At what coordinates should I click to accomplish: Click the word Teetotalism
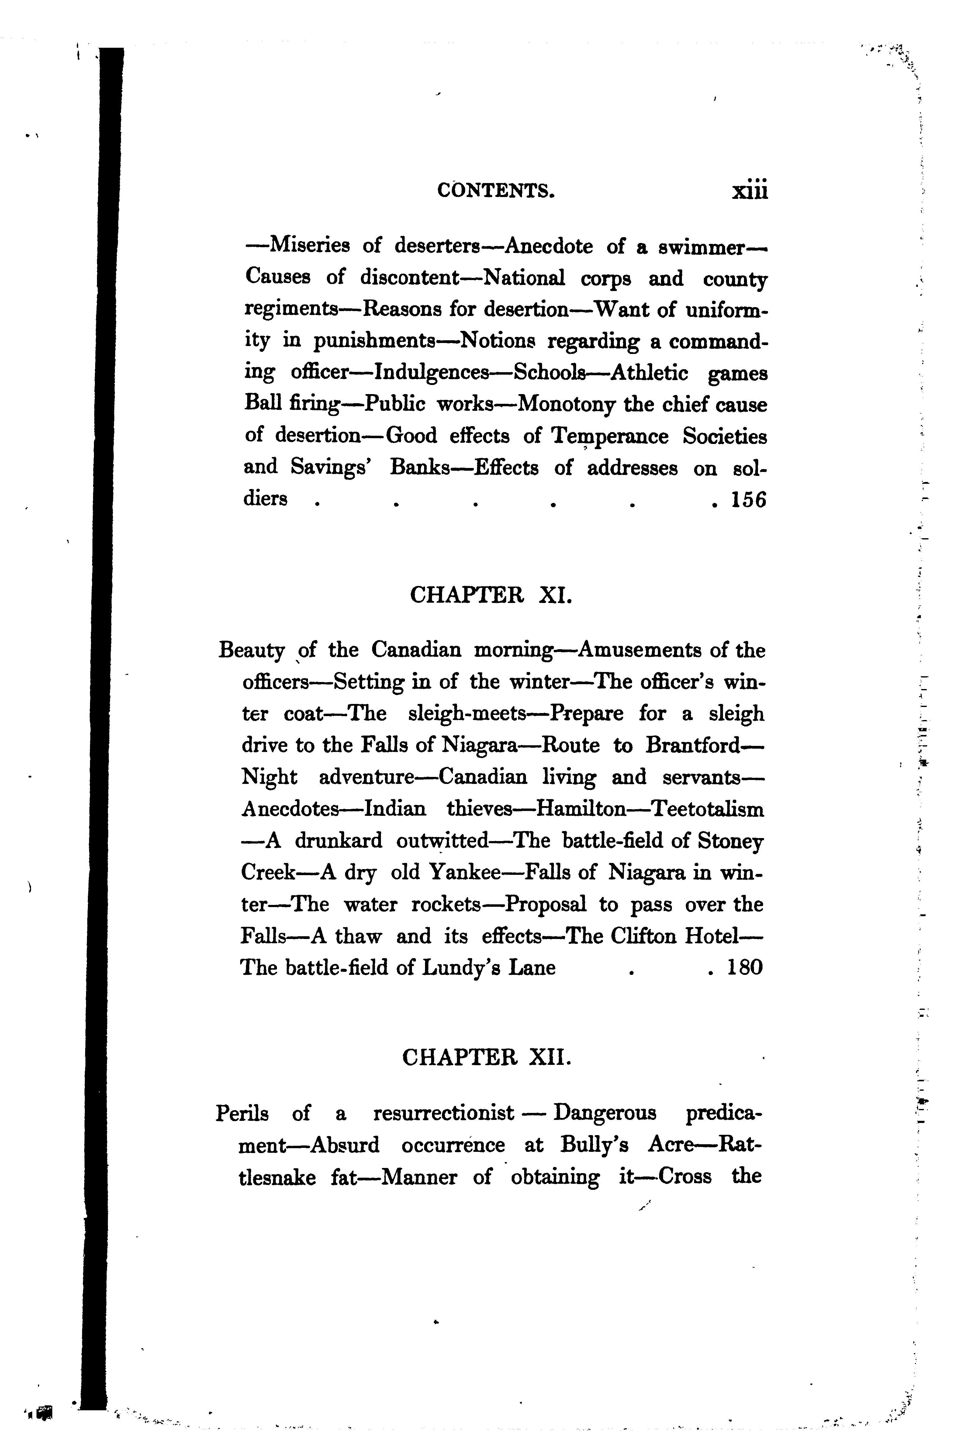point(708,809)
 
